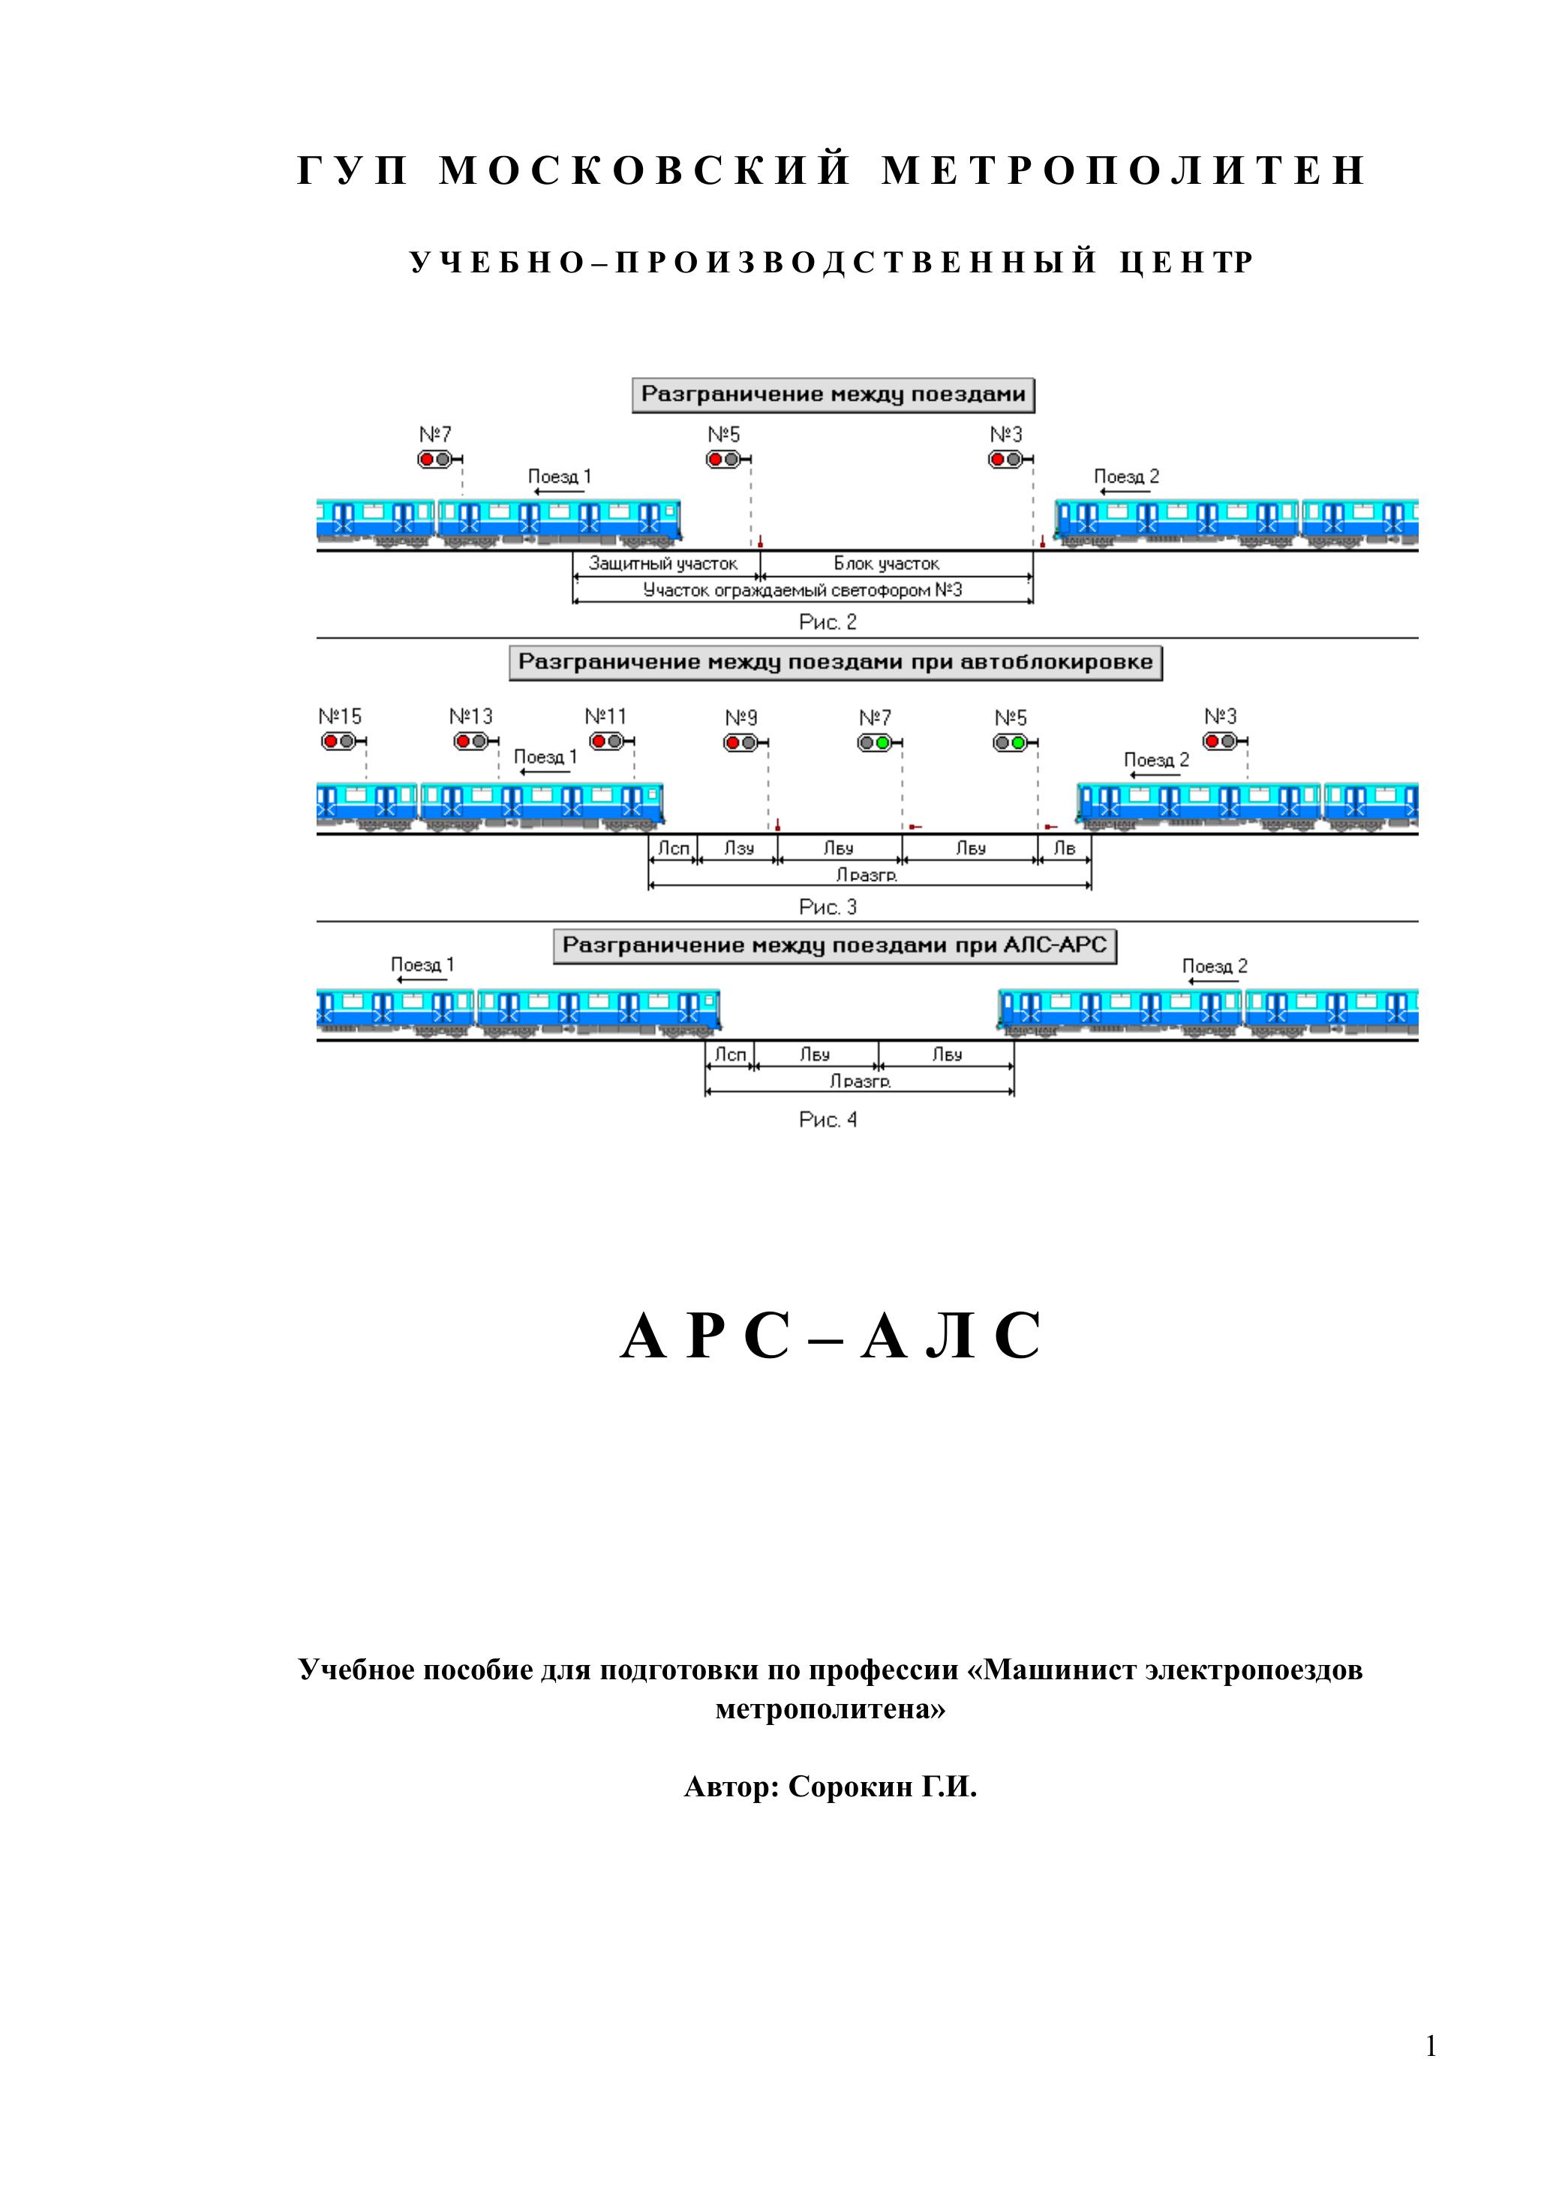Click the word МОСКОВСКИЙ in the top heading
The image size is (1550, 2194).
(645, 171)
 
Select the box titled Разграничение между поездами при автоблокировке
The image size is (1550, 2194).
(835, 663)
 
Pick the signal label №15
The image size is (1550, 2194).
(339, 717)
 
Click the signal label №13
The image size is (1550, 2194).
(471, 717)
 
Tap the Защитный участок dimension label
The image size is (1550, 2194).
(663, 564)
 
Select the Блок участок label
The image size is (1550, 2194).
(886, 564)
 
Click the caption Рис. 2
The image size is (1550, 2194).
(828, 622)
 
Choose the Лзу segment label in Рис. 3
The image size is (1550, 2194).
(739, 848)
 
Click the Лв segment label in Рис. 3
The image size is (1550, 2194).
(1064, 848)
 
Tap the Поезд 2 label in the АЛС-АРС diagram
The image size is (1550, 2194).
(1215, 966)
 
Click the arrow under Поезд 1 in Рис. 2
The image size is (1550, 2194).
(558, 492)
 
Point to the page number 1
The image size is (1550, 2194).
(1431, 2046)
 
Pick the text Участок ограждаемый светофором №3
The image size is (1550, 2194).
(802, 591)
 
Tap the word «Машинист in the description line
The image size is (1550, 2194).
(1052, 1670)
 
